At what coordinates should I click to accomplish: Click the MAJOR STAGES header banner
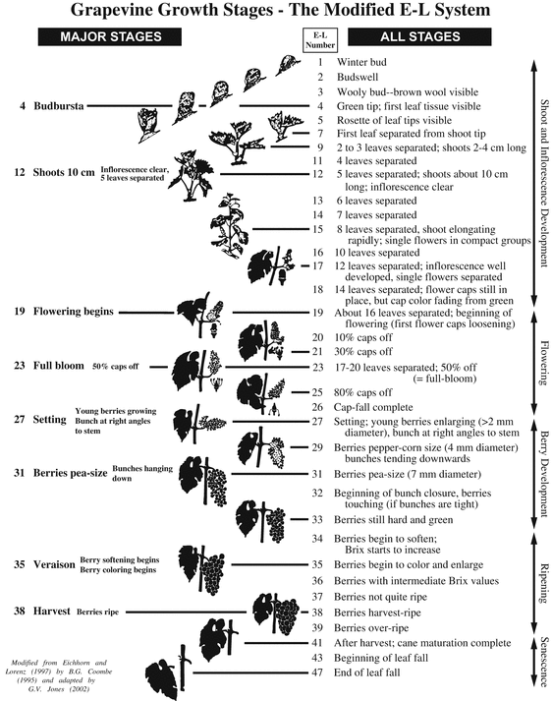[x=110, y=36]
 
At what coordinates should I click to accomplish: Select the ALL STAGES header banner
[x=419, y=36]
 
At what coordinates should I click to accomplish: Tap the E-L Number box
[x=320, y=40]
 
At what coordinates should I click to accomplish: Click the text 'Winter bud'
[x=361, y=62]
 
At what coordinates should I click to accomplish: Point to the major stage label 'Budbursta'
[x=59, y=106]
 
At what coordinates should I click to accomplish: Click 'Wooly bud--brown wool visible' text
[x=408, y=92]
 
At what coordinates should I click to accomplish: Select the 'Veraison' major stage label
[x=54, y=564]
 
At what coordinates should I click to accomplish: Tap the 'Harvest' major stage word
[x=51, y=611]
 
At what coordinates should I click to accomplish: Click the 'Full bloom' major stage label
[x=59, y=366]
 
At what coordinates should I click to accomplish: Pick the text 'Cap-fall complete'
[x=373, y=407]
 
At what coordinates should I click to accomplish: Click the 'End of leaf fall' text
[x=367, y=672]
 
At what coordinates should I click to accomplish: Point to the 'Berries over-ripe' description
[x=371, y=628]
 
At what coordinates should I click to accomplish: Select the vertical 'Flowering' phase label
[x=543, y=363]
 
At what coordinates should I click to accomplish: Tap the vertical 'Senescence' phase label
[x=543, y=662]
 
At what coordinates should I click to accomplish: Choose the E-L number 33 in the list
[x=317, y=520]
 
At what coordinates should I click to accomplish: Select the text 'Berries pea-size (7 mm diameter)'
[x=408, y=474]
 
